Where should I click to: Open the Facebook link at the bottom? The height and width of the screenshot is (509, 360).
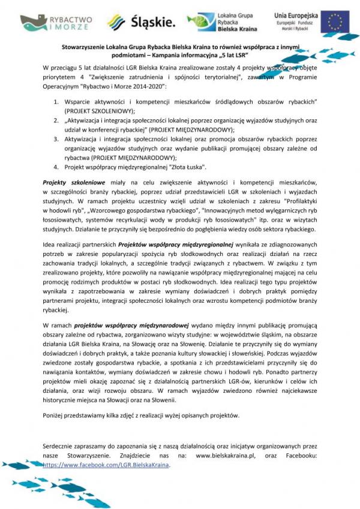[x=106, y=465]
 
